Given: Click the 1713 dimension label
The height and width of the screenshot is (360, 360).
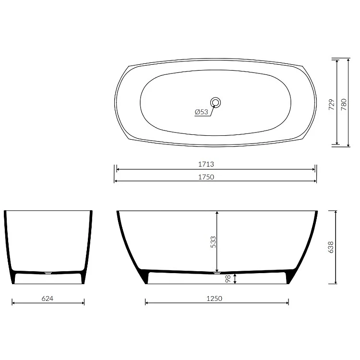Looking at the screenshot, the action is [206, 164].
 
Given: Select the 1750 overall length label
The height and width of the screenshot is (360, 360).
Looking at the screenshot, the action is [206, 177].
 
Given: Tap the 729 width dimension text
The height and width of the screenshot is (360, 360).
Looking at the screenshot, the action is [332, 105].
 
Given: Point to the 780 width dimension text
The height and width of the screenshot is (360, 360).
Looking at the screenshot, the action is [344, 105].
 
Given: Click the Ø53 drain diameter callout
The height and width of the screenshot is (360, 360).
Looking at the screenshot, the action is [201, 112].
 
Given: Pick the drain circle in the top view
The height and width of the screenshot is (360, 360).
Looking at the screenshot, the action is [216, 102].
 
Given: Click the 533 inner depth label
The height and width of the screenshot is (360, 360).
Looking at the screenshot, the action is [213, 242].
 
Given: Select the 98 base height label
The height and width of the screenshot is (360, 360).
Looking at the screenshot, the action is [228, 279].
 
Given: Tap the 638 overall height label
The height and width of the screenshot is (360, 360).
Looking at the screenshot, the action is [331, 247].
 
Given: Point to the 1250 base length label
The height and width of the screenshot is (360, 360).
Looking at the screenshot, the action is [215, 299].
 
